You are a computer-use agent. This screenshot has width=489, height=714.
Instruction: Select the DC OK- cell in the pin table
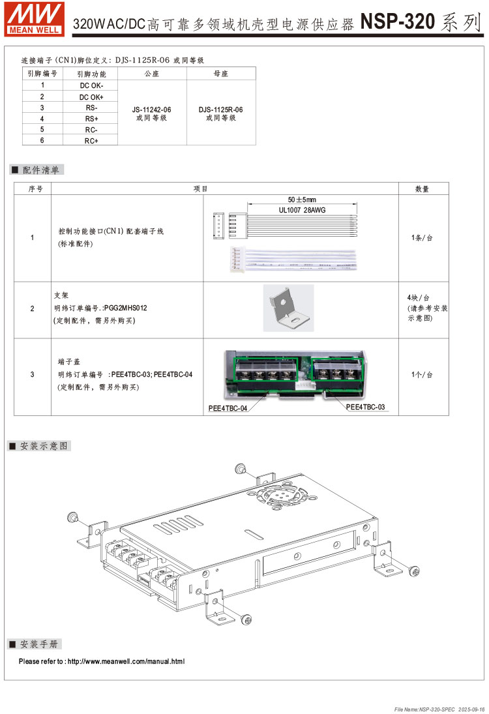pos(91,85)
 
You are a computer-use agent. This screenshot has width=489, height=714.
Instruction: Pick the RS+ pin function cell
pos(91,119)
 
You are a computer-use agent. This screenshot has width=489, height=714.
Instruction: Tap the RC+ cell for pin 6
pos(91,141)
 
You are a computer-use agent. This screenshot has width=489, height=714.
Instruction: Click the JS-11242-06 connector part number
pos(152,109)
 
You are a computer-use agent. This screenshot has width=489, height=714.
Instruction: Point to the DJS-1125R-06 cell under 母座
pos(221,110)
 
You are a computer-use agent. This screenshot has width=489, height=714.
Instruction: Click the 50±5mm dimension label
pos(302,200)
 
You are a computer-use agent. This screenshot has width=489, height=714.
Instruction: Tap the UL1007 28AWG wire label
pos(302,211)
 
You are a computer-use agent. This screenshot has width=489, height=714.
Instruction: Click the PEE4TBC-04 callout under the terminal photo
pos(228,408)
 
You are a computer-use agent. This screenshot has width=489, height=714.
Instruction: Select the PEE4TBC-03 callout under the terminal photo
pos(365,407)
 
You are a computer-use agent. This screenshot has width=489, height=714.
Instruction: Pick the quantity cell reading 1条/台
pos(422,238)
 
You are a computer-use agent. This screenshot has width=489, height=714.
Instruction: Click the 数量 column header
pos(422,188)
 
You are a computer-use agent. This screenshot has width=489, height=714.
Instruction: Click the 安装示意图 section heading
pos(43,446)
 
